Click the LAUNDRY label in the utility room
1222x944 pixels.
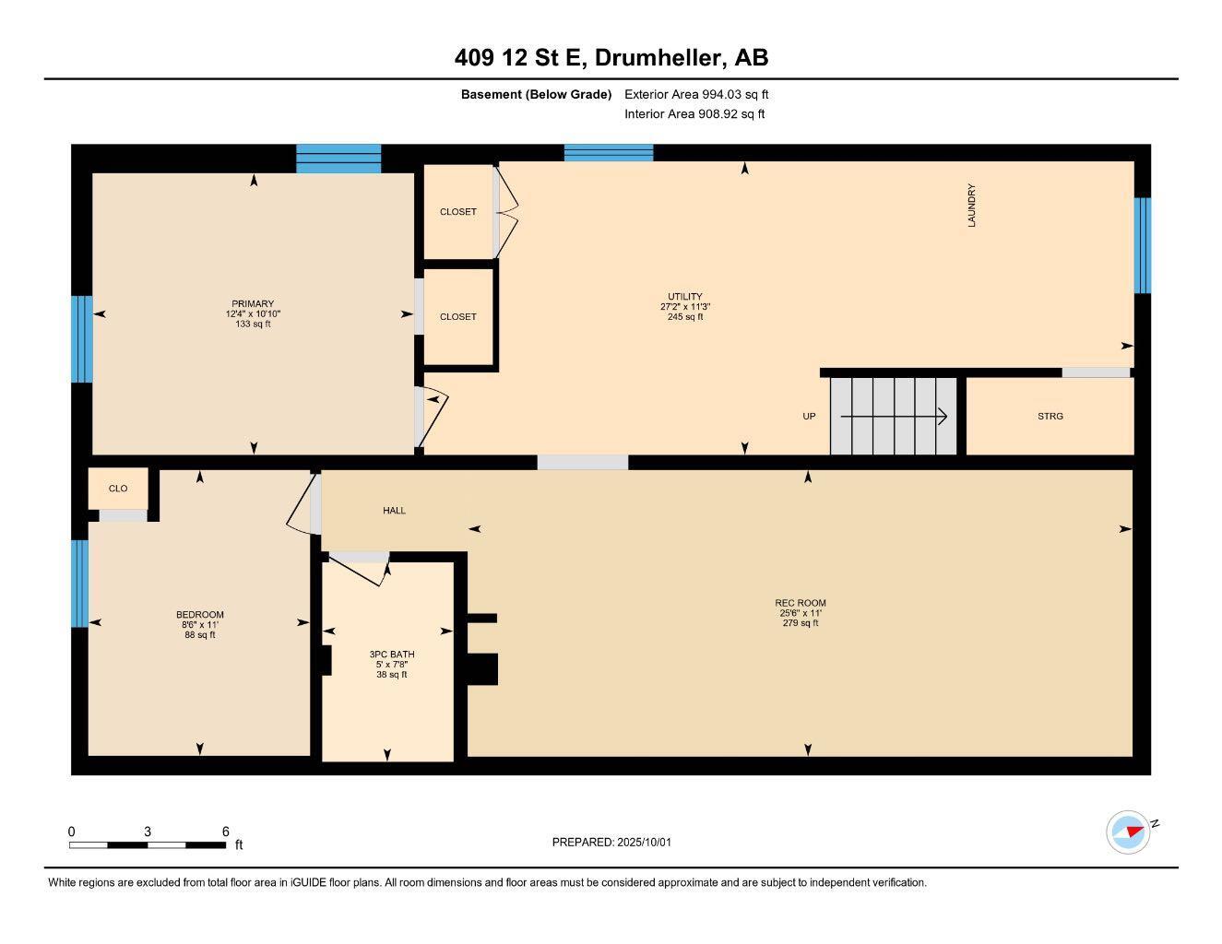971,206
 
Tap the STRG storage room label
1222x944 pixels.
1050,417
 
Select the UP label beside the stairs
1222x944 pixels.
809,417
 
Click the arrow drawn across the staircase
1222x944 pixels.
894,417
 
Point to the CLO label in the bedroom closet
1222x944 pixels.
117,489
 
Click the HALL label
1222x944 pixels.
394,510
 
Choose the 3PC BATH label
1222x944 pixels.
392,654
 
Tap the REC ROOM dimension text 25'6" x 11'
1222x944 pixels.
801,613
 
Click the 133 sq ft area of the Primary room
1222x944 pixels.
253,324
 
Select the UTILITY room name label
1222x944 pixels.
685,296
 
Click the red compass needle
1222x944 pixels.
1134,831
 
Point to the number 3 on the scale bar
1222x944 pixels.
148,831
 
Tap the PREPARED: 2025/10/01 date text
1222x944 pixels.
611,842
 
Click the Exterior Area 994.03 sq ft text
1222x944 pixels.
696,94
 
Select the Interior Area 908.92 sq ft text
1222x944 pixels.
694,114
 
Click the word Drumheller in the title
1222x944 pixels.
658,57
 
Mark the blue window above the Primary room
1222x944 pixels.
338,159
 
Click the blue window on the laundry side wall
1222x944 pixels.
1142,245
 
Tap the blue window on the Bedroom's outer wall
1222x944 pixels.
80,584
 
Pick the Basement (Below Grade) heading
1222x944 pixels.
536,94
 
